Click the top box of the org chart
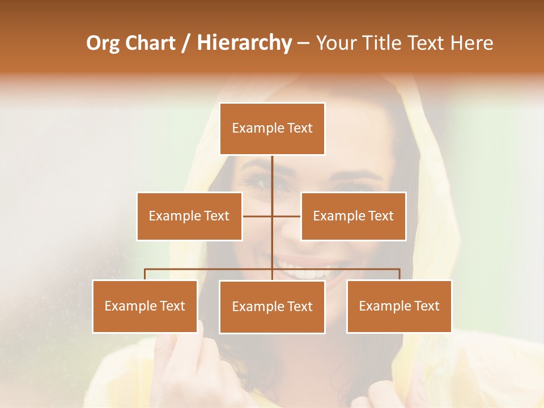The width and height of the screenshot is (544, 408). coord(272,129)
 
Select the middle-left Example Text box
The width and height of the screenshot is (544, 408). coord(189,216)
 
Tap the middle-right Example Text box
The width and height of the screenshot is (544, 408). coord(353,216)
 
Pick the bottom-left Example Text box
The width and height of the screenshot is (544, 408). coord(145,306)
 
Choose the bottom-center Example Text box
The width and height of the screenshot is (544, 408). coord(272,307)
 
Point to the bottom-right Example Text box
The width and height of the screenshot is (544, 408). coord(399,306)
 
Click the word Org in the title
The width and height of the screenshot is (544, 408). coord(103,43)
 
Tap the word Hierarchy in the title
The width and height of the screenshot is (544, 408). coord(244,43)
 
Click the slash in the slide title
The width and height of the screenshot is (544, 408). coord(186,44)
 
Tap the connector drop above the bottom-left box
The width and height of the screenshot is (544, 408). coord(145,274)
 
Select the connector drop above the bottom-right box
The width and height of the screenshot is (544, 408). coord(399,274)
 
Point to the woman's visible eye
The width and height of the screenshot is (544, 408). coord(262,182)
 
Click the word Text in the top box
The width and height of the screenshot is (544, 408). coord(300,128)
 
